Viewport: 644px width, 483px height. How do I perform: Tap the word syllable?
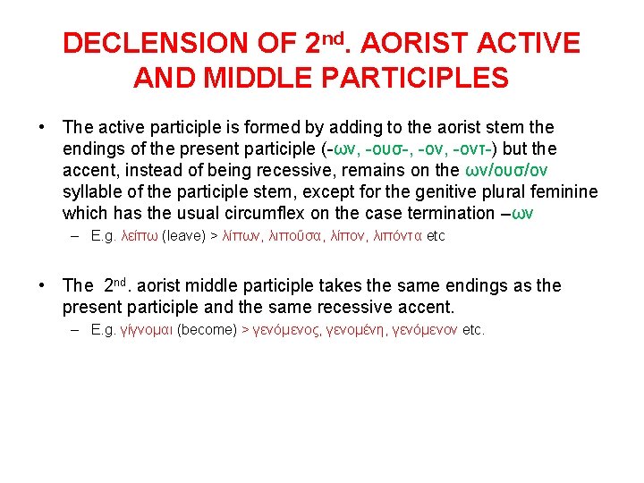point(91,192)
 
